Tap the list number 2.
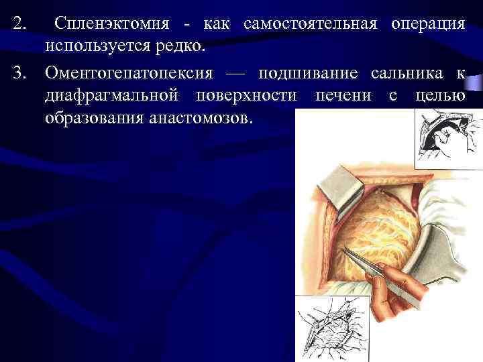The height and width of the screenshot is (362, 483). [19, 24]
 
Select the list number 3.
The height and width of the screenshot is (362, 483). [19, 72]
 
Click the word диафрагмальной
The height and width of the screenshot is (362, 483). [111, 95]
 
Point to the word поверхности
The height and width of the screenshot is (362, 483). [246, 95]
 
